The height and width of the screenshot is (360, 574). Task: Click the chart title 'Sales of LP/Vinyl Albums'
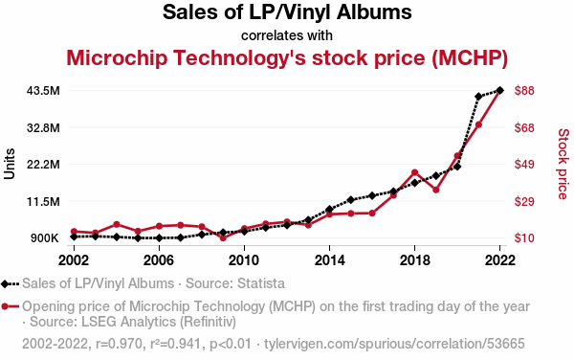[287, 12]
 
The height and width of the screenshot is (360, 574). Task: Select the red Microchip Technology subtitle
[287, 57]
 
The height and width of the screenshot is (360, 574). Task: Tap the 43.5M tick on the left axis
[43, 90]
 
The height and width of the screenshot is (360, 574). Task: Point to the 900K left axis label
[45, 238]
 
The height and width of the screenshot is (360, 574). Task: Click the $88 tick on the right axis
[524, 90]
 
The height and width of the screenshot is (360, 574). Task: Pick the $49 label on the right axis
[524, 164]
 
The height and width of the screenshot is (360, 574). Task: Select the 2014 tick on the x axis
[329, 260]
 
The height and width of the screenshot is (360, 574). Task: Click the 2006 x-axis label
[159, 260]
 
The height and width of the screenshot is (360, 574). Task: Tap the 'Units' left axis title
[10, 164]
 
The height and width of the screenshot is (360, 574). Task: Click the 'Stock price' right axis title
[563, 164]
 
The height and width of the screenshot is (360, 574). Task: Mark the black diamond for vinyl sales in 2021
[478, 97]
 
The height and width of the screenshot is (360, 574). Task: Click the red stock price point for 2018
[414, 172]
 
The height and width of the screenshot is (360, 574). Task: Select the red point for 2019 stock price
[435, 190]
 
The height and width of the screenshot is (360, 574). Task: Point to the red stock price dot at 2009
[223, 237]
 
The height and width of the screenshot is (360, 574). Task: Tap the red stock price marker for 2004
[117, 224]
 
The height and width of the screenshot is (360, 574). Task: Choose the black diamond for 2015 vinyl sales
[351, 200]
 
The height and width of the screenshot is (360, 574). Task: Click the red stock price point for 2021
[478, 124]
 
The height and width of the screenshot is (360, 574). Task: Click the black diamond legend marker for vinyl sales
[5, 283]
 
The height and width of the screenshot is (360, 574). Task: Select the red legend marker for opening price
[5, 306]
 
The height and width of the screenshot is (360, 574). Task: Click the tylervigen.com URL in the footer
[394, 344]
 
